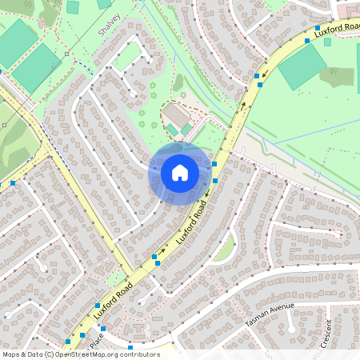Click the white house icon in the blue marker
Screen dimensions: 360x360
(180, 173)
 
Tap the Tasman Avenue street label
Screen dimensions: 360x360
(270, 314)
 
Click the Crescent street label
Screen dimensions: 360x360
(326, 334)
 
